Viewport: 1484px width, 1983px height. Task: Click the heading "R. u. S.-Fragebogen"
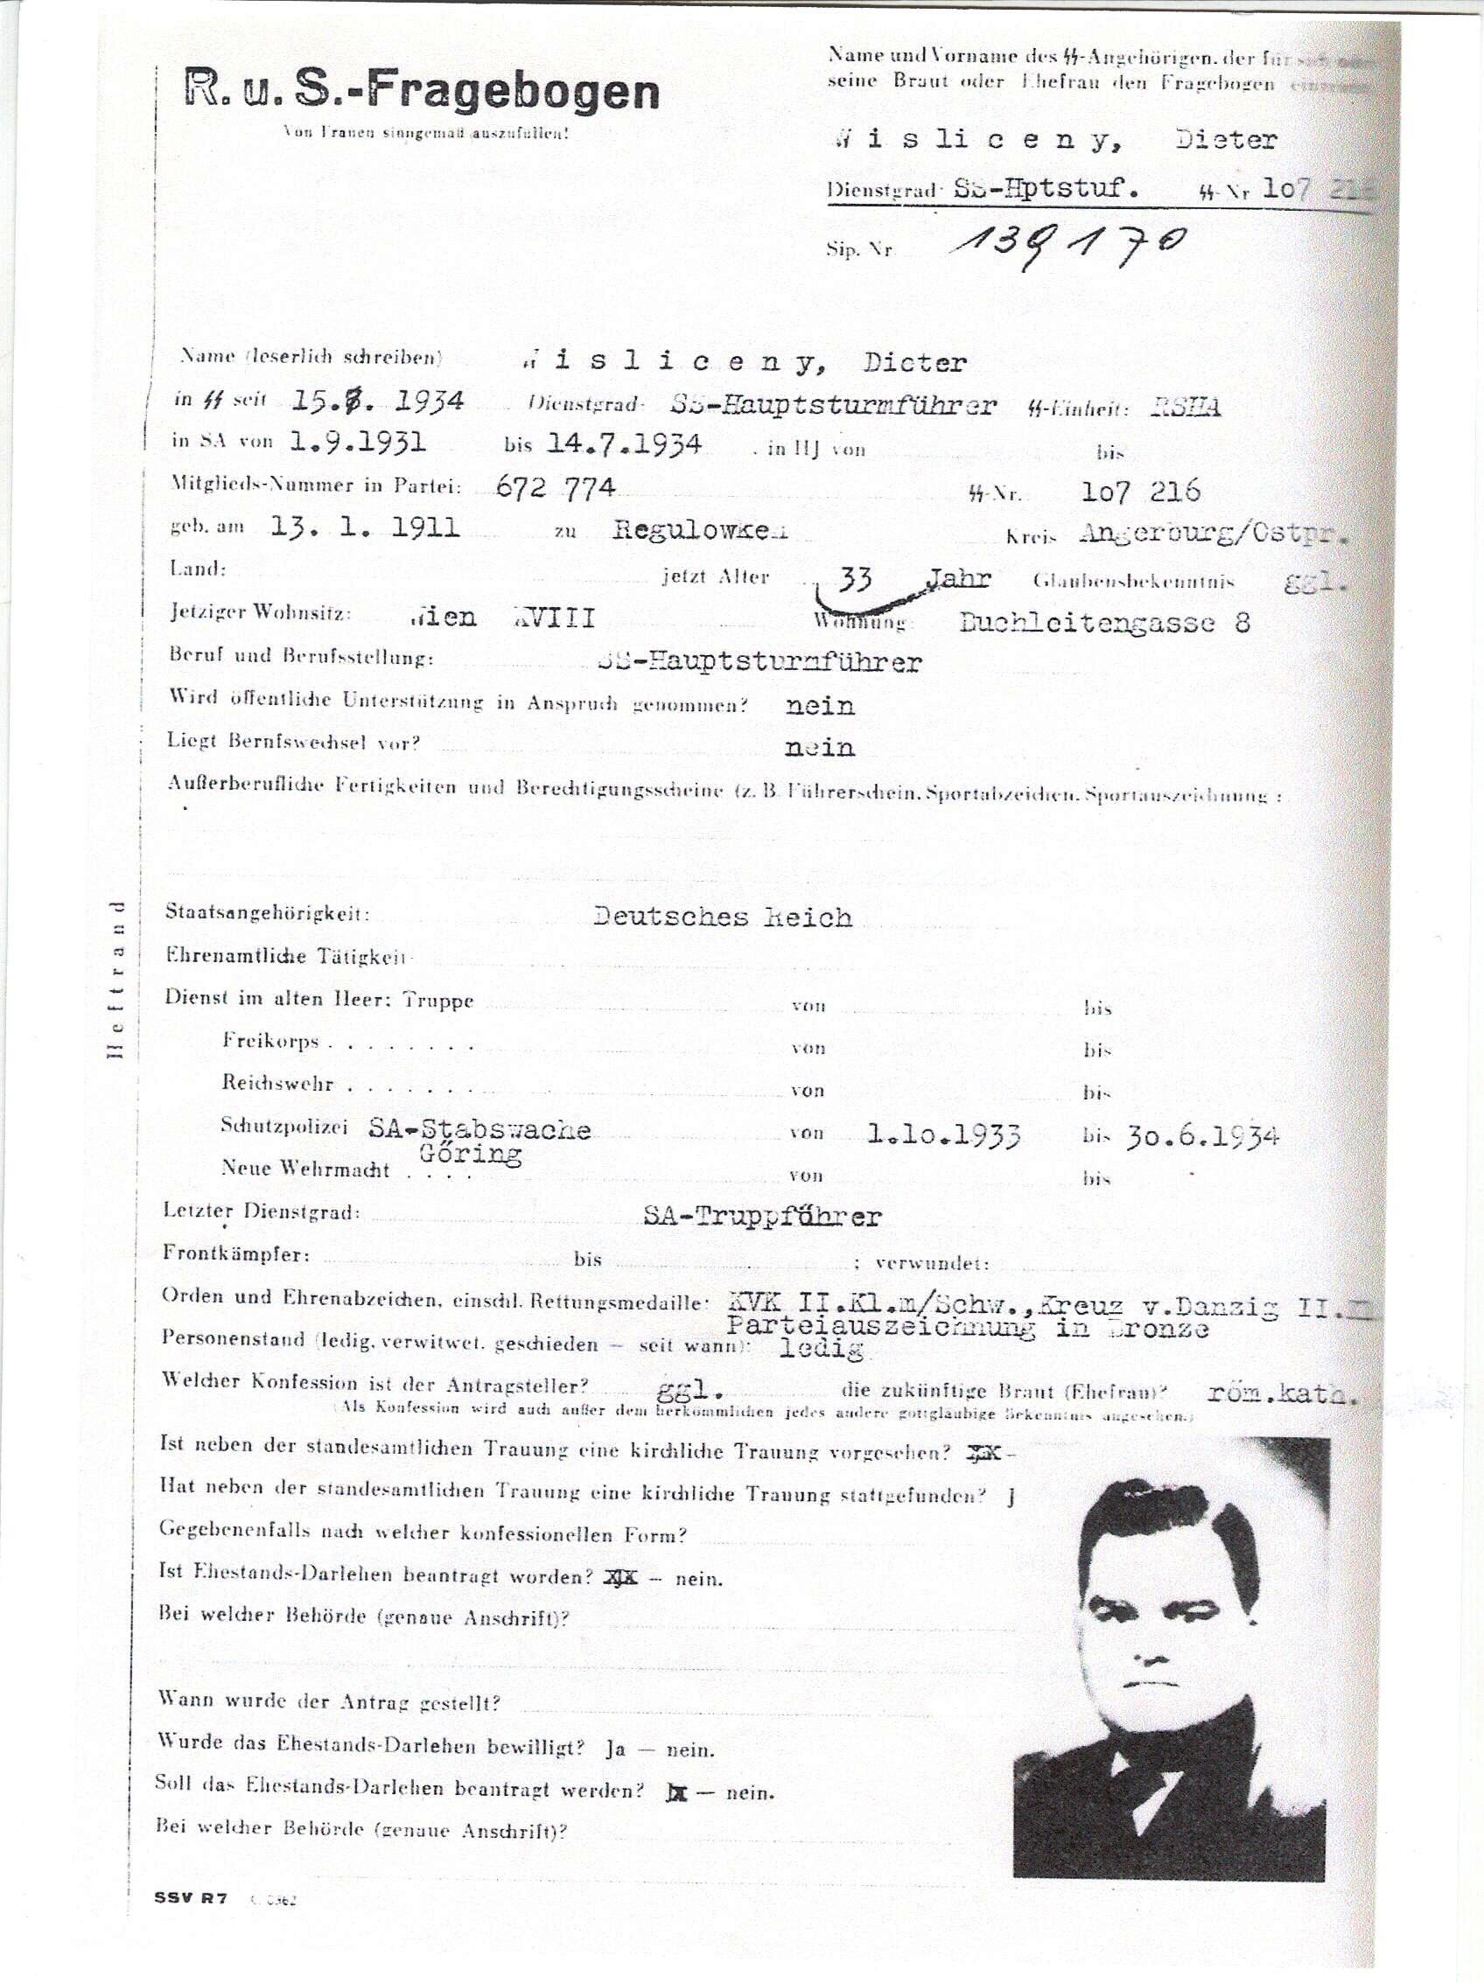pos(422,92)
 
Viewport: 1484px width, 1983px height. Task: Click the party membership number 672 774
pos(556,487)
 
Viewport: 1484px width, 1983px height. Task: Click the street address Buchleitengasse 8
pos(1103,622)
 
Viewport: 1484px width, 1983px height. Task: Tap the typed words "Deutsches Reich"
pos(723,917)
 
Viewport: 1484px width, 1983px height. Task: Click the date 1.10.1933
pos(944,1135)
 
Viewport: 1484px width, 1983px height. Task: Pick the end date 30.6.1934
pos(1201,1136)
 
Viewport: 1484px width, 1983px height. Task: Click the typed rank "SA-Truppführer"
pos(762,1217)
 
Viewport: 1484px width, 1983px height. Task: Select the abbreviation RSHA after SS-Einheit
pos(1186,407)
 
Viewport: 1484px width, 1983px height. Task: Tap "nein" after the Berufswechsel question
pos(820,747)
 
